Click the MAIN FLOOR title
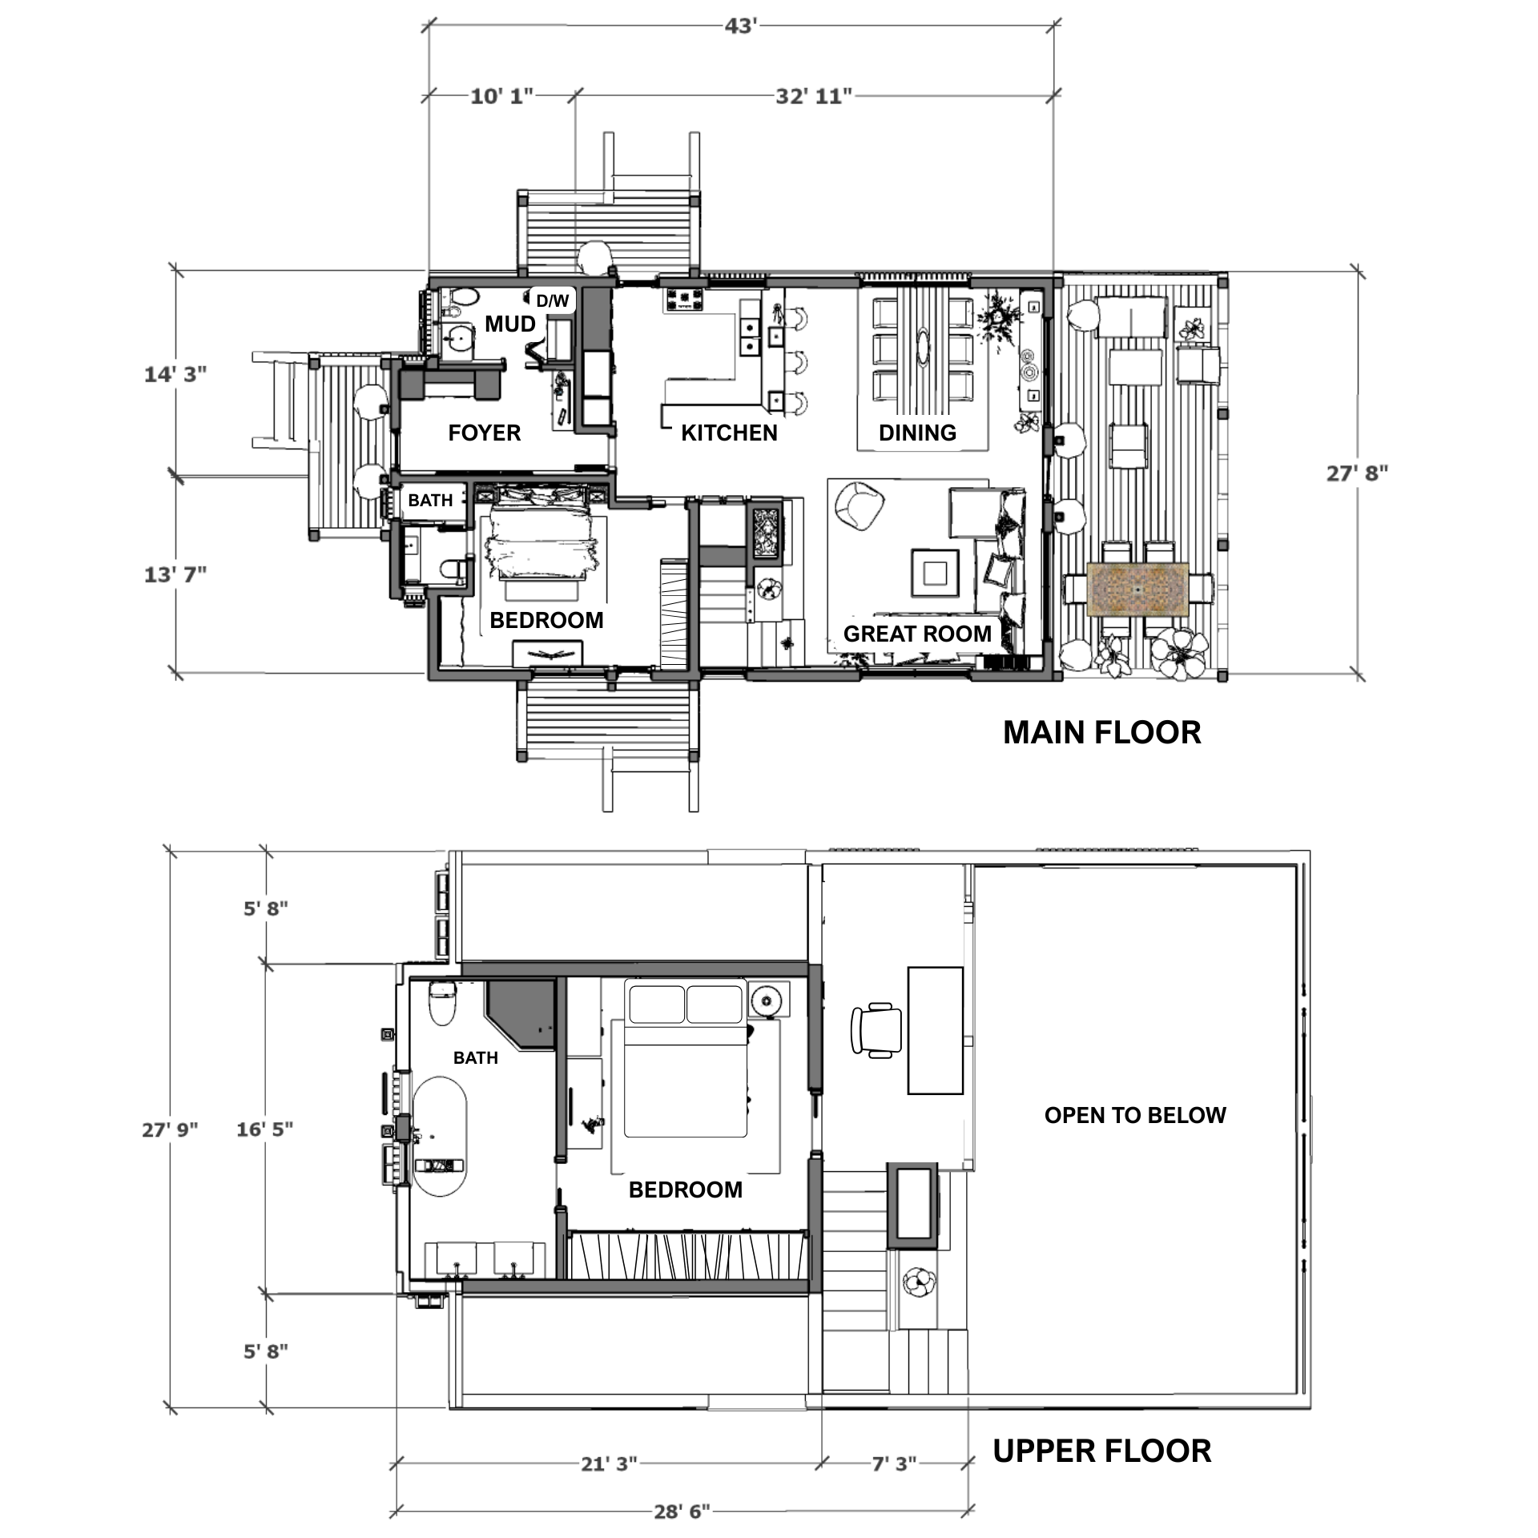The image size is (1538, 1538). (x=1101, y=733)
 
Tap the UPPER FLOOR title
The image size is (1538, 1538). (x=1101, y=1451)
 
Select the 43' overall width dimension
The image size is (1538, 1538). (x=741, y=26)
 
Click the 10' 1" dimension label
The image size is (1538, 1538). (x=501, y=97)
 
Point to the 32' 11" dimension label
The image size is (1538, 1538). (x=813, y=97)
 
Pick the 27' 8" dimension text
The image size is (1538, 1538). (x=1357, y=473)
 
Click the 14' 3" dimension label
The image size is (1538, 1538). (x=175, y=374)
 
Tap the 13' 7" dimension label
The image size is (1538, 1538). (x=175, y=574)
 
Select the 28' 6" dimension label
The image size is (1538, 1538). (x=682, y=1512)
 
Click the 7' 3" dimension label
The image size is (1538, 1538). (x=894, y=1464)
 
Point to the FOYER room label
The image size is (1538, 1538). (x=485, y=433)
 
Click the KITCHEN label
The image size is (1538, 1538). (x=729, y=433)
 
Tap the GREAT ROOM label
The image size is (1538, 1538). (x=917, y=634)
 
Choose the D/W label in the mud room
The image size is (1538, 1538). (x=553, y=301)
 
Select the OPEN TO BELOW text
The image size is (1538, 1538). (x=1135, y=1116)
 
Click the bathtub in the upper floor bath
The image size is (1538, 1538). (x=440, y=1137)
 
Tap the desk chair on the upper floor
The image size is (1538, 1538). (x=876, y=1030)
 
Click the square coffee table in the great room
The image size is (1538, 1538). (x=935, y=573)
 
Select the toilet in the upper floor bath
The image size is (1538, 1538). (x=442, y=1003)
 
